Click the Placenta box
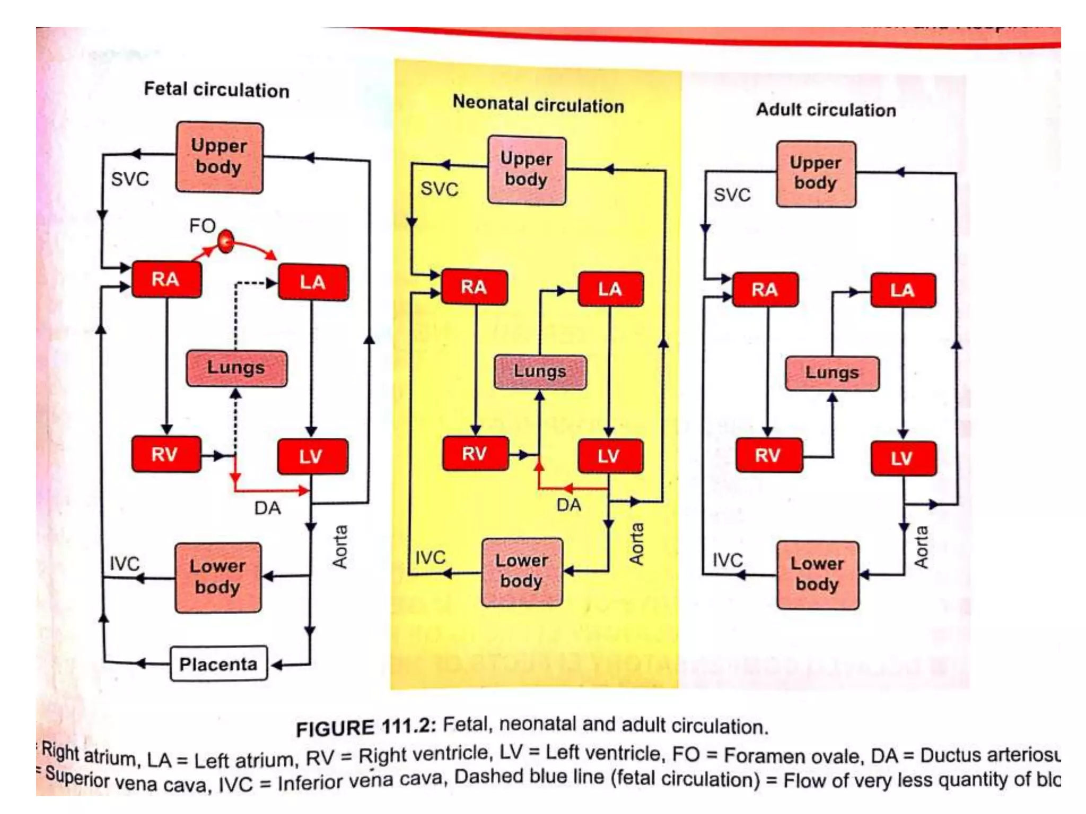click(218, 663)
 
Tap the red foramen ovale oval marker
click(226, 242)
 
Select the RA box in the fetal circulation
click(166, 279)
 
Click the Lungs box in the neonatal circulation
click(540, 371)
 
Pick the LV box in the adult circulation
click(903, 458)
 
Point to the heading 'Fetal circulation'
click(217, 90)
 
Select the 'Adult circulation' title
click(826, 110)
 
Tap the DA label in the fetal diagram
click(267, 508)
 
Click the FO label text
click(202, 226)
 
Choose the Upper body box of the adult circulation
click(816, 173)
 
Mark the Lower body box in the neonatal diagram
click(521, 571)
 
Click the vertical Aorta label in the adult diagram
click(922, 547)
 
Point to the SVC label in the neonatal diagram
click(439, 189)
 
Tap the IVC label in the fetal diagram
click(124, 563)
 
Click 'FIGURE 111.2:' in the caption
click(366, 727)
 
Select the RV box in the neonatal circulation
click(475, 454)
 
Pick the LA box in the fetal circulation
click(313, 282)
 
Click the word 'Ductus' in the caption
click(948, 755)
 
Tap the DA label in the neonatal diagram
click(568, 505)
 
